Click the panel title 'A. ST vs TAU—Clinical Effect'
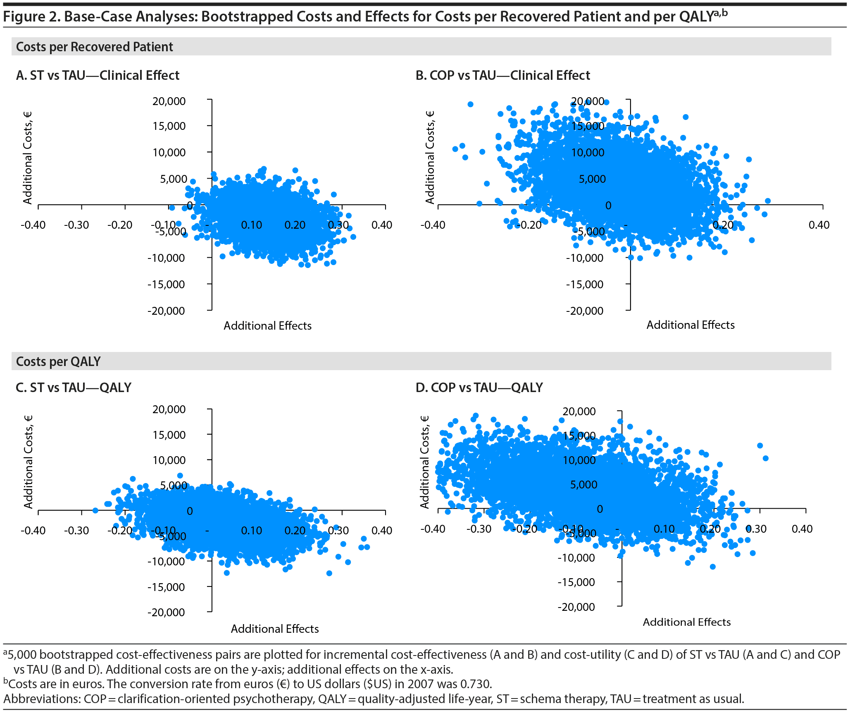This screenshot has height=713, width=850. click(98, 75)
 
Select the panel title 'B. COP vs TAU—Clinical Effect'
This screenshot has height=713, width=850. click(502, 75)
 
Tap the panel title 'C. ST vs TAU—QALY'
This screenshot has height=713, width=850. click(74, 388)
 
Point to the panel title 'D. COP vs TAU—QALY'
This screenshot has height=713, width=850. click(479, 388)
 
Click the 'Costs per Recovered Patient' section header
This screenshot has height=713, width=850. click(94, 47)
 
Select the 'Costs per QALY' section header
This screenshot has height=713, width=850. click(58, 361)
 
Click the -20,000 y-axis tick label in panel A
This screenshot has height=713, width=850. click(167, 311)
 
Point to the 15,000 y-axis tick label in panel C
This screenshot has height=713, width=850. click(169, 435)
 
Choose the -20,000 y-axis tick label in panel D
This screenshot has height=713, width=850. click(576, 607)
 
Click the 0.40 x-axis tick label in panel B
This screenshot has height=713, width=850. click(819, 225)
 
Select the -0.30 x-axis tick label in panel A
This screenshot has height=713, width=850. click(76, 225)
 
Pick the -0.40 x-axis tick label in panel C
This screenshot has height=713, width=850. click(33, 530)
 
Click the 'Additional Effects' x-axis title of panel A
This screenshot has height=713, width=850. click(267, 326)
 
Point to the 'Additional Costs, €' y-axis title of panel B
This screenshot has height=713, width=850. click(430, 158)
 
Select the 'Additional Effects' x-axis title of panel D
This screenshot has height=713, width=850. click(686, 622)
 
